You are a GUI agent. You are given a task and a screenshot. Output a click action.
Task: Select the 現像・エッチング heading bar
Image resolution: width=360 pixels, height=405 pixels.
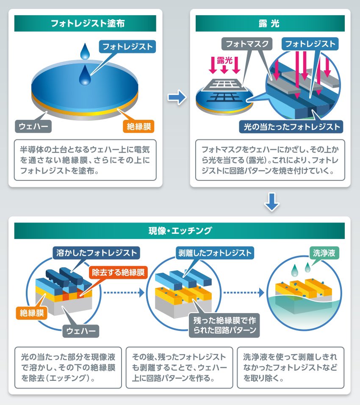coord(180,231)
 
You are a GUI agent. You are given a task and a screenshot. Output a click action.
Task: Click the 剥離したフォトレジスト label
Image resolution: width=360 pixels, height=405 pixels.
coord(214,253)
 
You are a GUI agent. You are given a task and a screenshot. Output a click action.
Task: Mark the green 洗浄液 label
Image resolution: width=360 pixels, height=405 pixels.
coord(324,253)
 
